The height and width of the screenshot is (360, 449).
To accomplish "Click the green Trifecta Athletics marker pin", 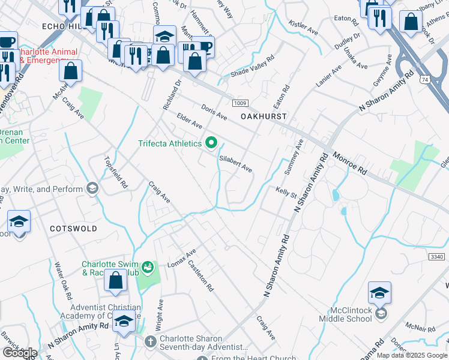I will pyautogui.click(x=211, y=143).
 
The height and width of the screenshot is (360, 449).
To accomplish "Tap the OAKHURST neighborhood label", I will pyautogui.click(x=264, y=115).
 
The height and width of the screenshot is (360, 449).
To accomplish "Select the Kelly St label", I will pyautogui.click(x=286, y=192).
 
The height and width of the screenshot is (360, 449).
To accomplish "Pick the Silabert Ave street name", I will pyautogui.click(x=235, y=164).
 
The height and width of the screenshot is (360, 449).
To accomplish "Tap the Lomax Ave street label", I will pyautogui.click(x=182, y=258).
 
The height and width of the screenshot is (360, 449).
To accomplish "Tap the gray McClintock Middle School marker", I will pyautogui.click(x=380, y=313).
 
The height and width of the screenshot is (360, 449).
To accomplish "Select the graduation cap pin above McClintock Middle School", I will pyautogui.click(x=379, y=293).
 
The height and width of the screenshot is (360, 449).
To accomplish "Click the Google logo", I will pyautogui.click(x=20, y=353).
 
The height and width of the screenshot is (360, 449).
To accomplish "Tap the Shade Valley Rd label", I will pyautogui.click(x=254, y=67).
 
